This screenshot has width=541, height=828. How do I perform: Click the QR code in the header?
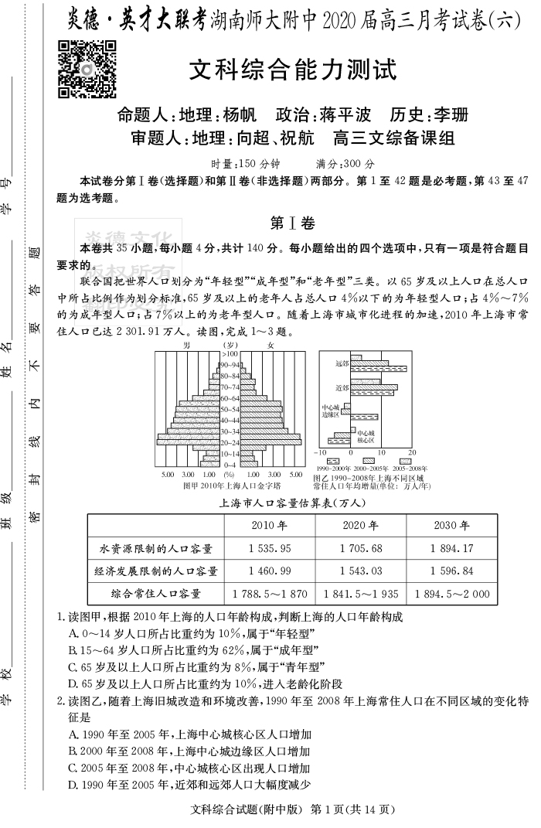pyautogui.click(x=87, y=70)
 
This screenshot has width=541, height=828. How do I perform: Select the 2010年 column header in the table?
pyautogui.click(x=269, y=526)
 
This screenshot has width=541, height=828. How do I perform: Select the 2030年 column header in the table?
pyautogui.click(x=452, y=526)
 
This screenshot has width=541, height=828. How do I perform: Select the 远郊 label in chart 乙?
pyautogui.click(x=342, y=363)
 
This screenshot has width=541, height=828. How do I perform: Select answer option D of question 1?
pyautogui.click(x=205, y=683)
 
